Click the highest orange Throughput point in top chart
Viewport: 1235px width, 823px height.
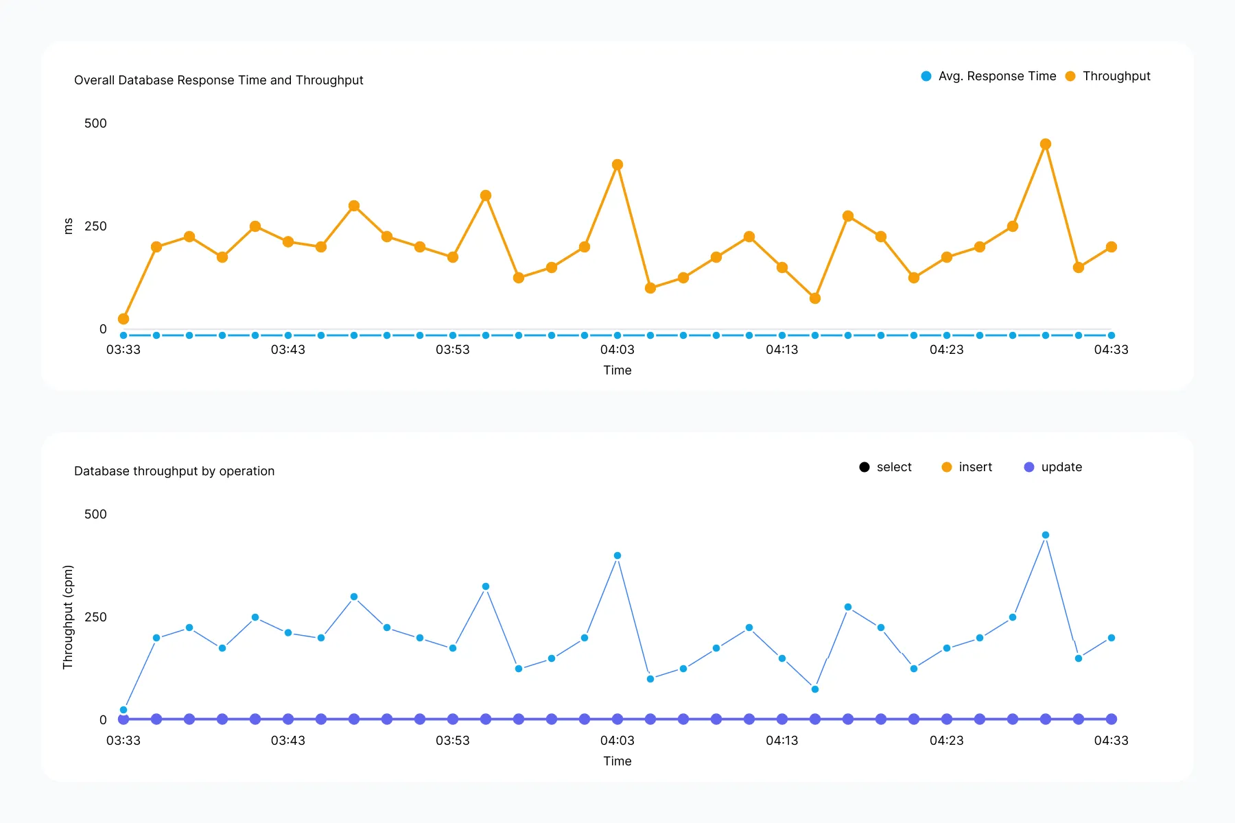1046,144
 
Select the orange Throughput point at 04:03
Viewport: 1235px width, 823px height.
617,165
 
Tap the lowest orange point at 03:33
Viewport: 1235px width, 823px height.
123,319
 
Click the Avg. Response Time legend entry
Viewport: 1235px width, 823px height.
989,76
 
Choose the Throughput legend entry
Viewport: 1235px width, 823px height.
1108,76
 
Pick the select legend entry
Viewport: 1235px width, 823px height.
886,467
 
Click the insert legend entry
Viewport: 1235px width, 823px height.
967,467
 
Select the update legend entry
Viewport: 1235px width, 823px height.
1052,467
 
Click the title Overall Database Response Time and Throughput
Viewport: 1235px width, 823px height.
218,80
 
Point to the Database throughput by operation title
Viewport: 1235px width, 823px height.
174,471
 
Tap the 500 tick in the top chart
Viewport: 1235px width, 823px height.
95,123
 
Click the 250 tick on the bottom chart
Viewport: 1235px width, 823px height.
95,617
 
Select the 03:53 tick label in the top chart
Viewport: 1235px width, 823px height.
453,350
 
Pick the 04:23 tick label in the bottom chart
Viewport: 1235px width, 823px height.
947,741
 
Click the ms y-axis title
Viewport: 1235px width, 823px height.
68,226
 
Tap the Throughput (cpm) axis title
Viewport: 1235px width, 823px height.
68,617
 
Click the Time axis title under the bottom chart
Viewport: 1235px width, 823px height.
617,761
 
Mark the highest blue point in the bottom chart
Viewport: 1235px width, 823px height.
1046,535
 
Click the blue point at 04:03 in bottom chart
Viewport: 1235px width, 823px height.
617,556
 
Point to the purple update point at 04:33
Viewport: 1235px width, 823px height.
1111,719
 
